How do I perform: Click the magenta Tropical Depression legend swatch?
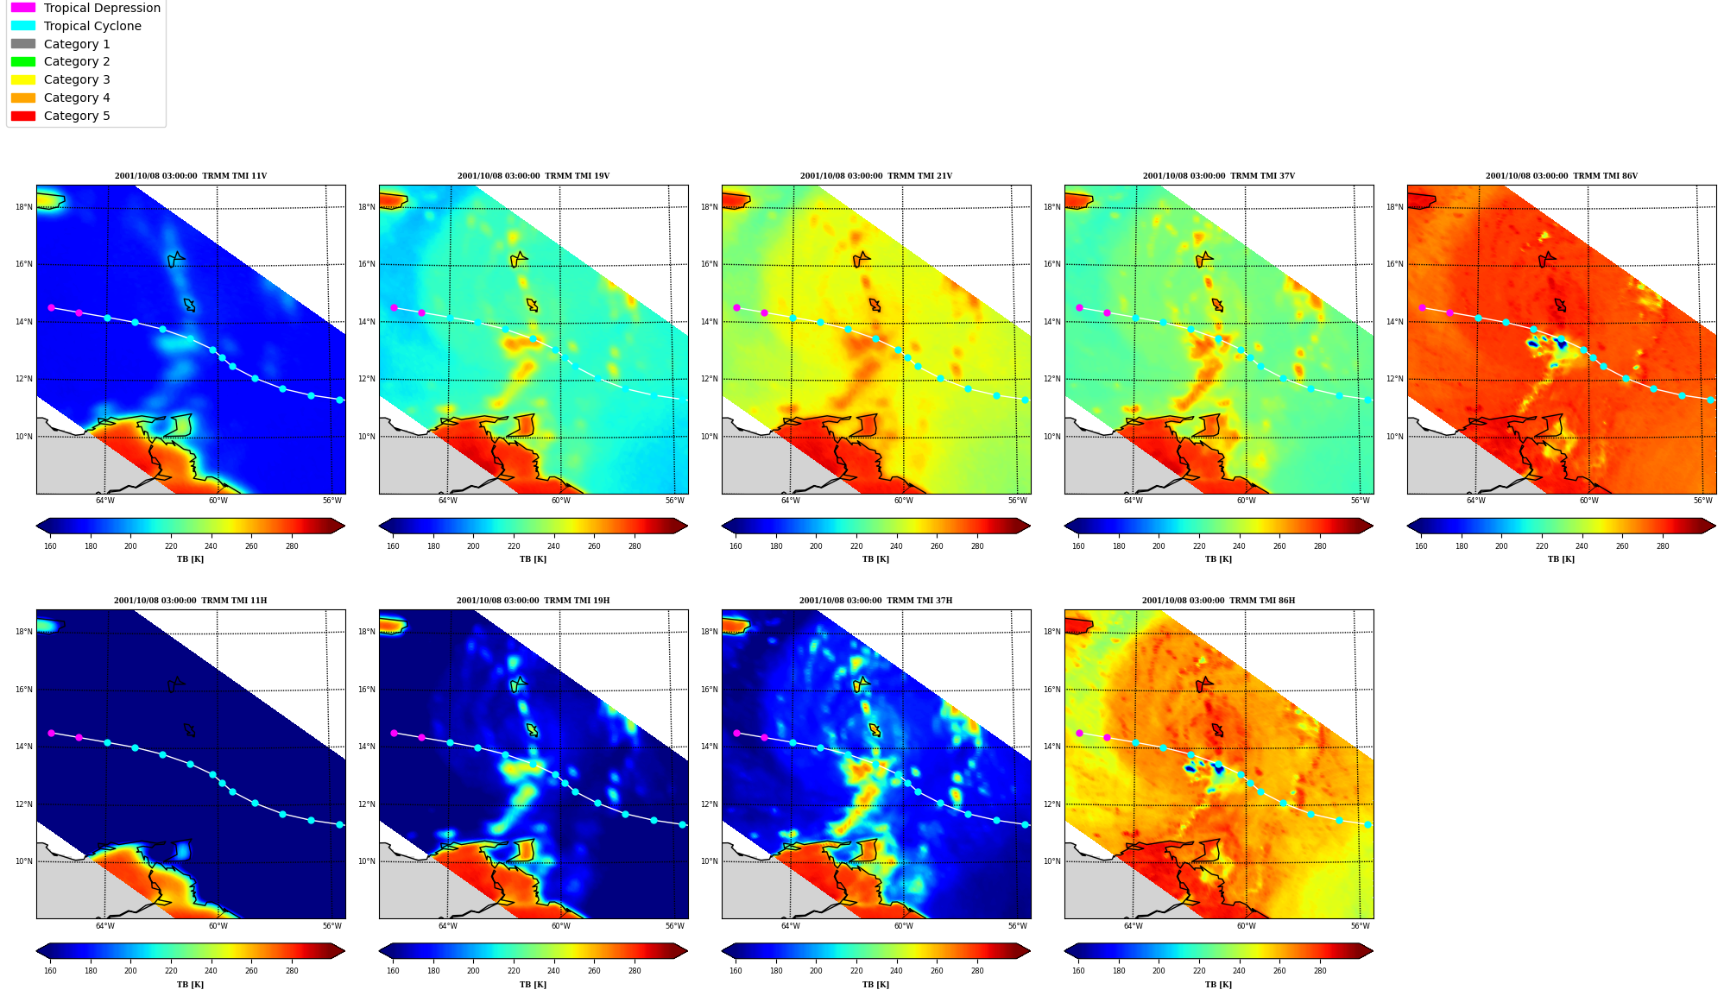click(23, 8)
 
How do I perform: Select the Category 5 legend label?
click(77, 116)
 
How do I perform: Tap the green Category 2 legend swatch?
click(23, 61)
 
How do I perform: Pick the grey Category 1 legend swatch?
click(23, 44)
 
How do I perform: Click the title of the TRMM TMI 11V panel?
click(191, 176)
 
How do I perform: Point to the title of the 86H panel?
click(1218, 601)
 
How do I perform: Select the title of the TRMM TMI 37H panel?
click(875, 601)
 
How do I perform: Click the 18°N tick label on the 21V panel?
click(709, 207)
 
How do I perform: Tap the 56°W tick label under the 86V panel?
click(1702, 501)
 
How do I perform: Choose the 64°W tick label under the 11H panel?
click(104, 926)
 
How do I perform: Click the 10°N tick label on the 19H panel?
click(366, 861)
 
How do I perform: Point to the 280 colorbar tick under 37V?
click(1320, 546)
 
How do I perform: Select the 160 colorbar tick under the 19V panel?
click(393, 546)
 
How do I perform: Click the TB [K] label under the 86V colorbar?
click(1561, 559)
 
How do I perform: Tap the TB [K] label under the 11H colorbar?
click(191, 985)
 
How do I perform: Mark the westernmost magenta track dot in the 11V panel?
click(51, 307)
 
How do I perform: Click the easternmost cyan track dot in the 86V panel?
click(1710, 400)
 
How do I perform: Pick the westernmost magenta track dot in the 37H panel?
click(736, 733)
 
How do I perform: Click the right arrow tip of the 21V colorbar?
click(1030, 526)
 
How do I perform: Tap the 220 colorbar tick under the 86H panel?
click(1199, 971)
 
